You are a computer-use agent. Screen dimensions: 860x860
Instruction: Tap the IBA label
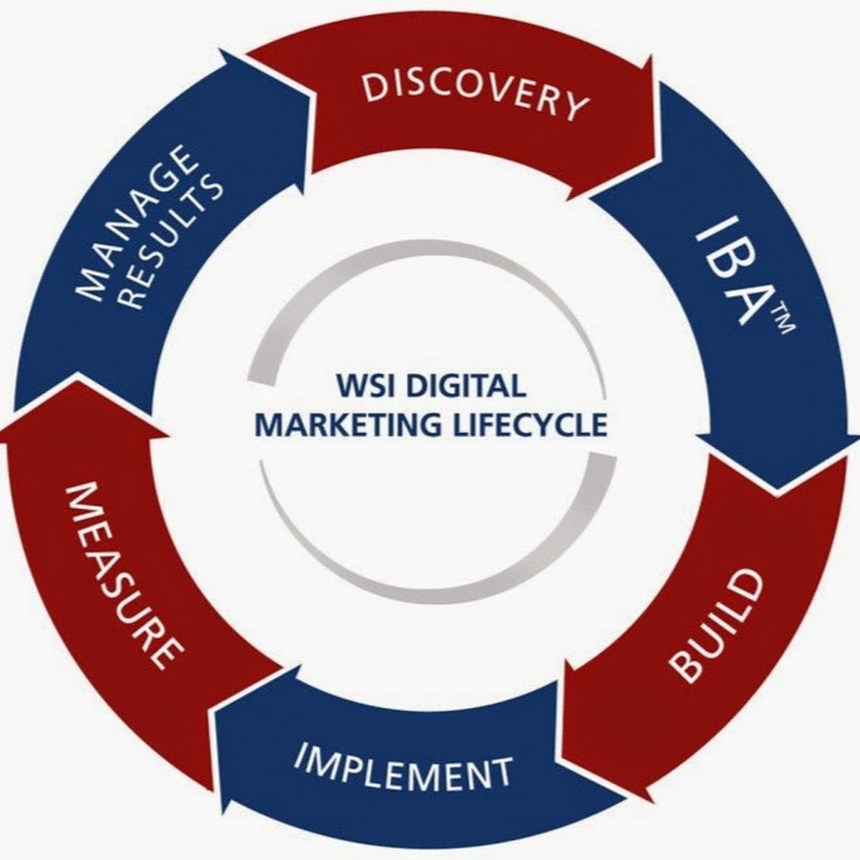click(736, 272)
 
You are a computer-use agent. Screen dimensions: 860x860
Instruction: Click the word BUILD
click(717, 626)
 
